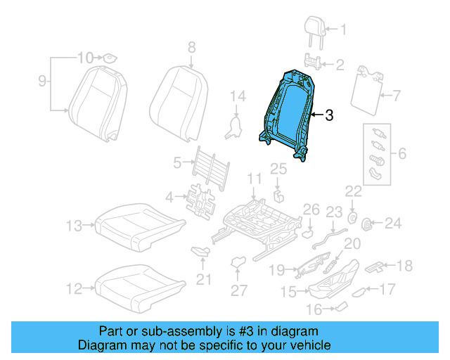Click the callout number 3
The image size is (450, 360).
tap(330, 116)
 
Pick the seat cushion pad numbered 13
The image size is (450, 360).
tap(138, 226)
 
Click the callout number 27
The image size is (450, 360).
tap(240, 290)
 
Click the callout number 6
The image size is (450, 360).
tap(401, 153)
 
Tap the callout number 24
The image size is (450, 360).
tap(392, 224)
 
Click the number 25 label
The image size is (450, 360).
tap(278, 168)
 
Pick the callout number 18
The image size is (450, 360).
tap(404, 265)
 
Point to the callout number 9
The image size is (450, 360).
tap(42, 82)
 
